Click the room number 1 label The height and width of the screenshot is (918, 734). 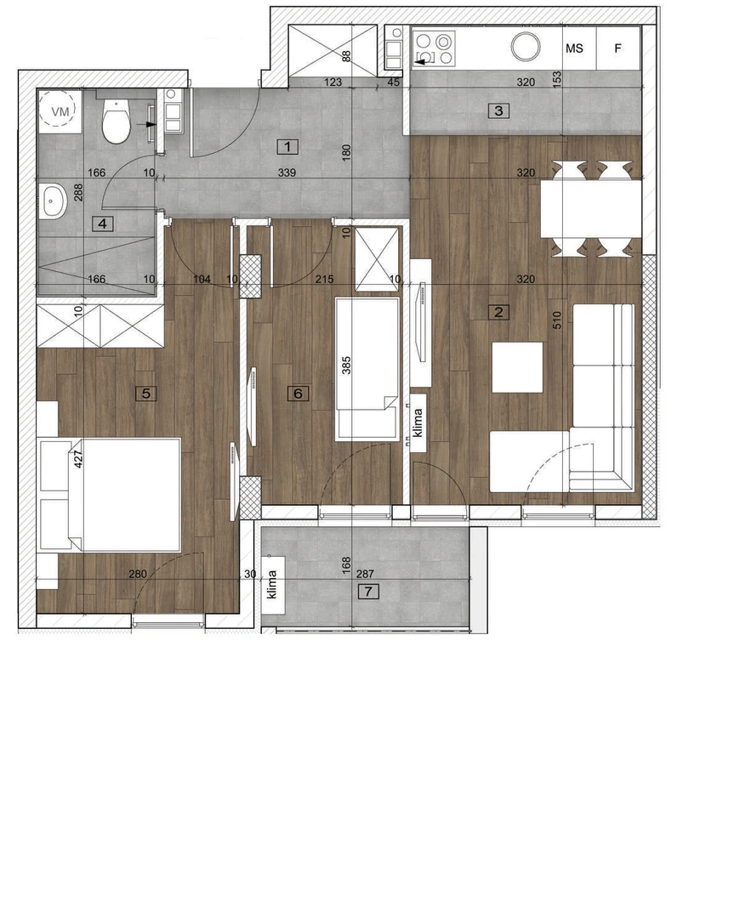coord(287,146)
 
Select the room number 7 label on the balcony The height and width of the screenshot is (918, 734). coord(368,592)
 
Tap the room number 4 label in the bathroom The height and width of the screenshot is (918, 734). coord(103,223)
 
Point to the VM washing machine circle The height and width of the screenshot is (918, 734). coord(60,110)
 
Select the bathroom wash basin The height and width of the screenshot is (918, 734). coord(54,201)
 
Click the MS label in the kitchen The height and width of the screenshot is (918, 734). coord(574,48)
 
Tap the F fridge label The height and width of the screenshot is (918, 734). coord(617,48)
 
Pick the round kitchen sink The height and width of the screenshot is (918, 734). coord(526,47)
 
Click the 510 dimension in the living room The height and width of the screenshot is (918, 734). coord(556,320)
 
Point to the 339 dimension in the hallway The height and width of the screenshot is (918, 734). coord(287,173)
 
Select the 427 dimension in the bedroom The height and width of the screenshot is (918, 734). coord(78,458)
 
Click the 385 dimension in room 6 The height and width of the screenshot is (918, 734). coord(345,365)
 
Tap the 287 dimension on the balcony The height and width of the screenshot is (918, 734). coord(364,575)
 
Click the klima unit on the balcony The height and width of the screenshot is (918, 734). coord(272,584)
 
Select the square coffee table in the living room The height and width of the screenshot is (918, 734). coord(517,367)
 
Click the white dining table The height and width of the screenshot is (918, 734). coord(590,208)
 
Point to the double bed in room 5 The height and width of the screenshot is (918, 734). coord(109,495)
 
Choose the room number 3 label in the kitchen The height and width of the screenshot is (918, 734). coord(498,110)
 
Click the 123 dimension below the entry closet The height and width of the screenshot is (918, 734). coord(333,82)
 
